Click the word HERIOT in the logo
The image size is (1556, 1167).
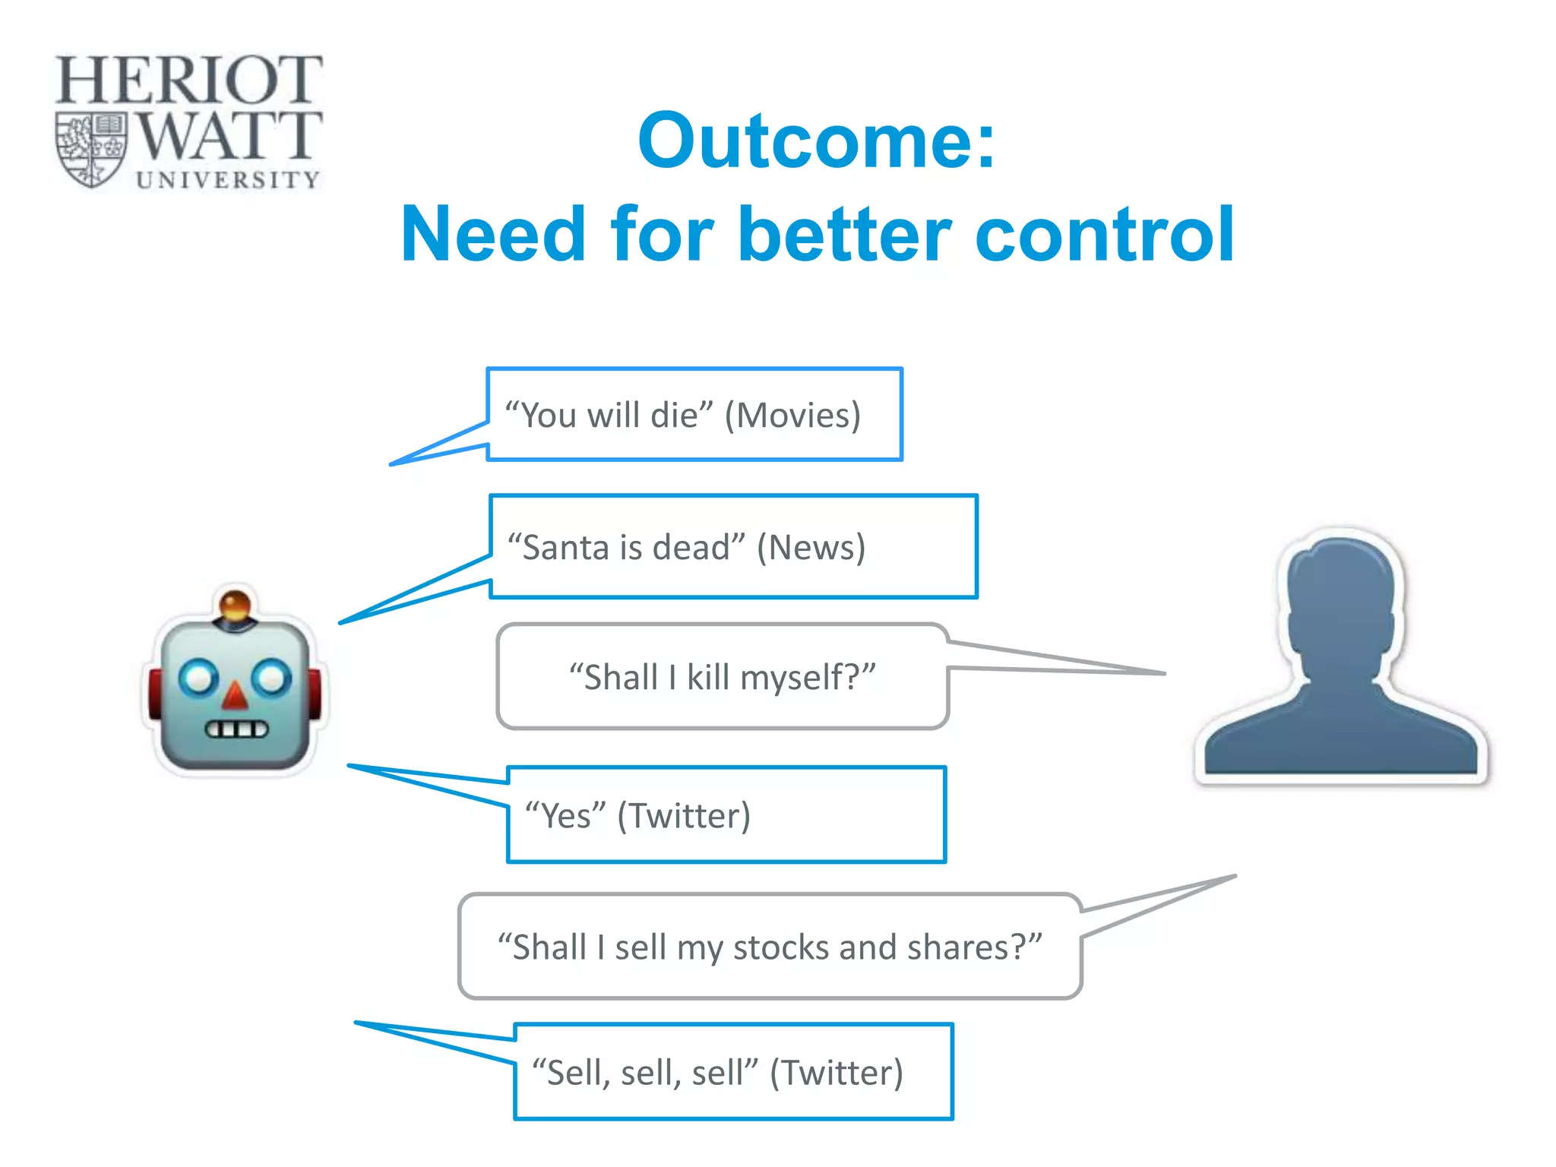[188, 80]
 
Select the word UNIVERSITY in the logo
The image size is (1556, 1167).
[227, 180]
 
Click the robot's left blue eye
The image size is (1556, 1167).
[198, 678]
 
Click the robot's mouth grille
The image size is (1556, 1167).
[236, 730]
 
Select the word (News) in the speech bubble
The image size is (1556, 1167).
[811, 548]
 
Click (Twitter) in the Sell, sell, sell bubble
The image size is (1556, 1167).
[836, 1073]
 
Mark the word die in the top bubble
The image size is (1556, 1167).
[674, 416]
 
